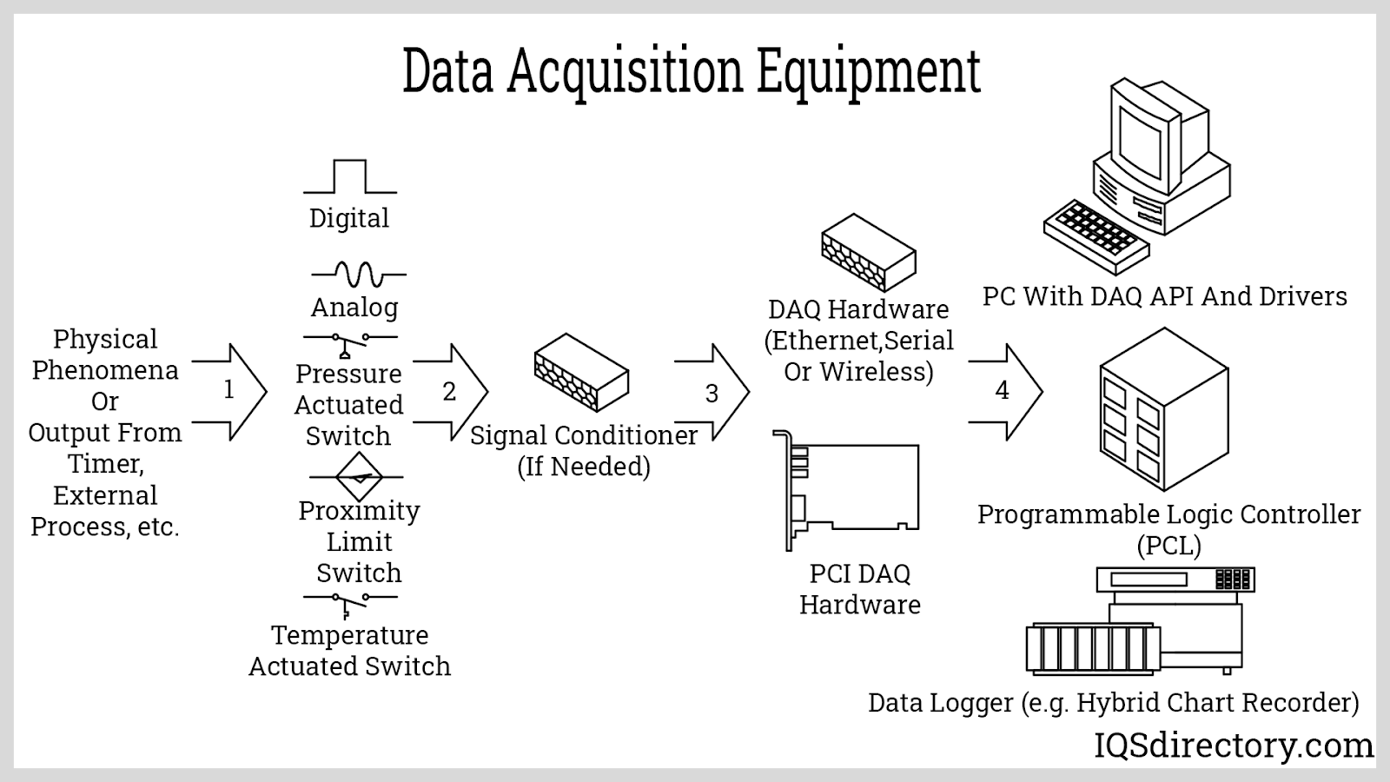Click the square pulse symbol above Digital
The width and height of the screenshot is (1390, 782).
[x=350, y=176]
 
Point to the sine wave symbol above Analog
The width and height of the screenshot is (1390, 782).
[x=359, y=275]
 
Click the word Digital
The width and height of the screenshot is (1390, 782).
[x=349, y=218]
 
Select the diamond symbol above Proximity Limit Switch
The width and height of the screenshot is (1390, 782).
[x=359, y=477]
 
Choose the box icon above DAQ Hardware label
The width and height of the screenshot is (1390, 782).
[x=869, y=252]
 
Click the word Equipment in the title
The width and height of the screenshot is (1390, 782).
[x=869, y=71]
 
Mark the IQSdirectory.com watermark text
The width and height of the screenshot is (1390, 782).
[x=1234, y=746]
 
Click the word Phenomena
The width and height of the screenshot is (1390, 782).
[x=105, y=370]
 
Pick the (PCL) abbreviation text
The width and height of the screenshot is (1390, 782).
[x=1168, y=546]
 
